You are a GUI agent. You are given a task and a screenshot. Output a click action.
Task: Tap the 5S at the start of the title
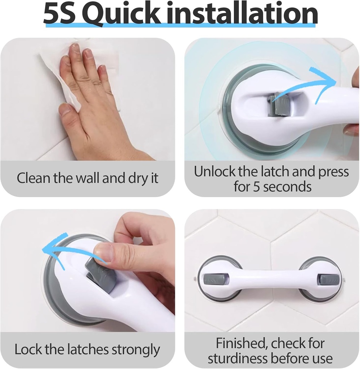pos(60,14)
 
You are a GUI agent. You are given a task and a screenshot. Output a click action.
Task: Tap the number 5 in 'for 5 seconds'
pos(256,187)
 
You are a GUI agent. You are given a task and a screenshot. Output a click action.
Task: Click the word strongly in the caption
pos(136,350)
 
